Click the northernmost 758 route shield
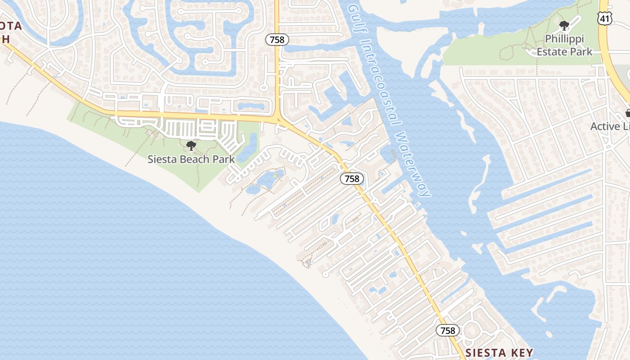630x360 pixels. coord(277,40)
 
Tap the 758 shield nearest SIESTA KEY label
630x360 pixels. coord(448,331)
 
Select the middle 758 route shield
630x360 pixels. coord(351,179)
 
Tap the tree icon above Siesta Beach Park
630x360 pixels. coord(191,146)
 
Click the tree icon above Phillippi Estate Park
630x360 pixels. coord(564,26)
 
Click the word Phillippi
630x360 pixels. coord(564,39)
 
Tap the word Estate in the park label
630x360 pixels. coord(551,52)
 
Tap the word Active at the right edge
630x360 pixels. coord(605,126)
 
